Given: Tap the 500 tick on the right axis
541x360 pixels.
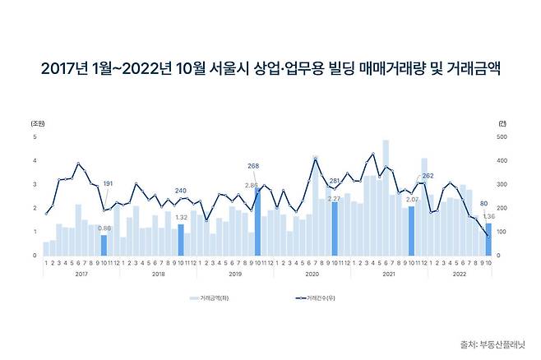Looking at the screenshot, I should click(x=502, y=136).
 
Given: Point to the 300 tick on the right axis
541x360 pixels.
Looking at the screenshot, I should click(x=502, y=184).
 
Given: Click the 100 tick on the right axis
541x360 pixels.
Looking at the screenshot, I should click(x=502, y=232).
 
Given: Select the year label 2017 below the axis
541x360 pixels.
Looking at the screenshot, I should click(x=81, y=273).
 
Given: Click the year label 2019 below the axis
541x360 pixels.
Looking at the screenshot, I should click(x=234, y=273).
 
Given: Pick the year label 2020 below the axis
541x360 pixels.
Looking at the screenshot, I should click(x=312, y=273).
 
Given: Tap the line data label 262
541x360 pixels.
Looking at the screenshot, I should click(x=428, y=176).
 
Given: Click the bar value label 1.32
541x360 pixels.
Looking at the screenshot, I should click(x=182, y=218).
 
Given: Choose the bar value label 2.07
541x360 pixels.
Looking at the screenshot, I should click(x=412, y=200).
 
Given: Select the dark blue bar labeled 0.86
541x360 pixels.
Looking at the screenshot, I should click(x=104, y=246).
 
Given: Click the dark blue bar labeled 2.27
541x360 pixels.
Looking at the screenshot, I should click(x=335, y=228).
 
